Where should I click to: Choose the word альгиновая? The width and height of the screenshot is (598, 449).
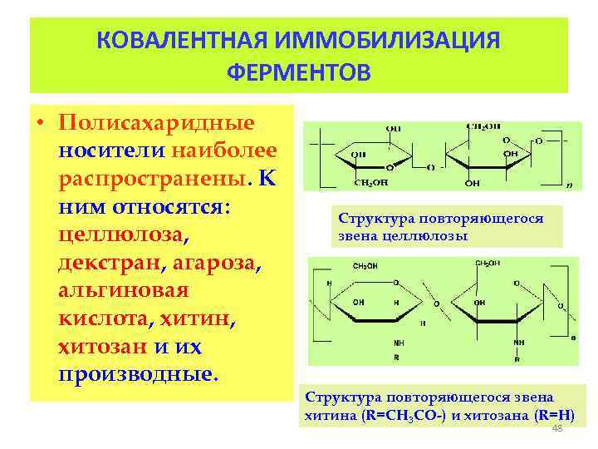tap(124, 290)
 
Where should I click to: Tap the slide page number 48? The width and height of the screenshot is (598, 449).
tap(557, 428)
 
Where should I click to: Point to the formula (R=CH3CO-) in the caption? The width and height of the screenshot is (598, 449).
tap(402, 415)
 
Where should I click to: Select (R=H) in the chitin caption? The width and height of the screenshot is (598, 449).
tap(550, 415)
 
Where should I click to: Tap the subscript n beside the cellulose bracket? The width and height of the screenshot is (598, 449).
tap(569, 185)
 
